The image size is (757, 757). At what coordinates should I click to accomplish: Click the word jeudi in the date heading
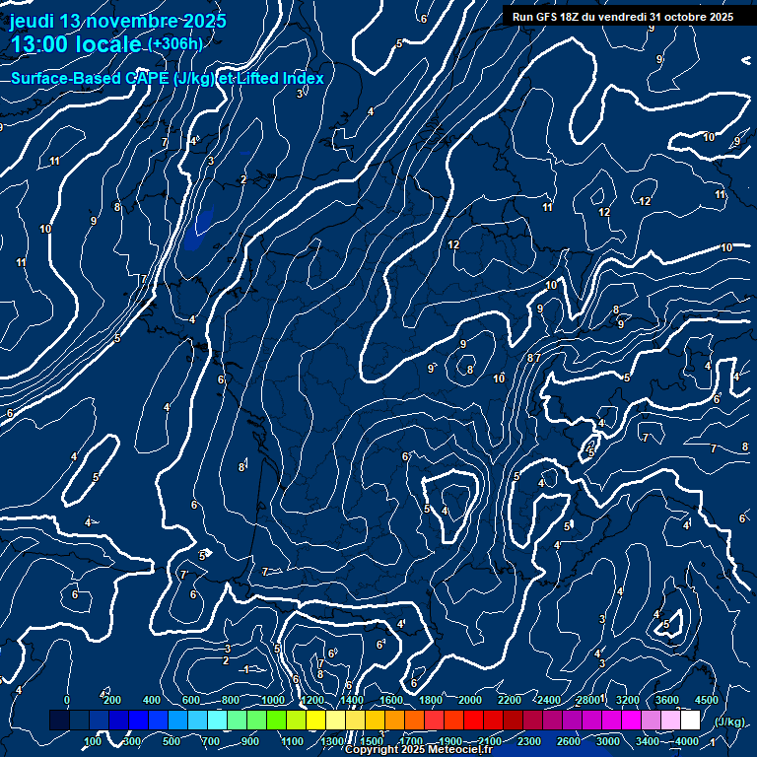click(x=33, y=22)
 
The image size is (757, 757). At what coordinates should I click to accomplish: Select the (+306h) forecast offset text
click(x=174, y=44)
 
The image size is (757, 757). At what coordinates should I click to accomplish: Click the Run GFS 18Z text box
click(x=622, y=17)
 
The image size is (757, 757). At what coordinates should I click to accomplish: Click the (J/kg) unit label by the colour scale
click(x=729, y=722)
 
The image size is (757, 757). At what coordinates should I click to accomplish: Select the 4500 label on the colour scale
click(x=707, y=700)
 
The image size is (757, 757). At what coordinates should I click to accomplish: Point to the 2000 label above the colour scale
click(x=470, y=700)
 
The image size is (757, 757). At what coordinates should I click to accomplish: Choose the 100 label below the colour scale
click(x=93, y=741)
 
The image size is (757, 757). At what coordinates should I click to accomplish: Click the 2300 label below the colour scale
click(x=529, y=741)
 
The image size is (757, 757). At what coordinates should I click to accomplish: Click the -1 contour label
click(x=247, y=669)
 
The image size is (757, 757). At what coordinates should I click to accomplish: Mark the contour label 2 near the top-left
click(x=243, y=179)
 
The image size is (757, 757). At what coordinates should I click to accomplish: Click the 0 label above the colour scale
click(x=67, y=700)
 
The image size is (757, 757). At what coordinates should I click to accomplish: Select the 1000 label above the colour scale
click(x=272, y=700)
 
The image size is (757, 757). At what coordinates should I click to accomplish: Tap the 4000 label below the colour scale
click(x=687, y=741)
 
